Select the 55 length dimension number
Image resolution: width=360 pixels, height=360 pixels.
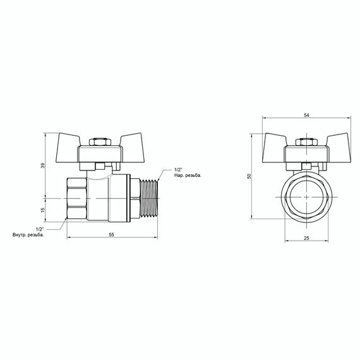pyautogui.click(x=111, y=234)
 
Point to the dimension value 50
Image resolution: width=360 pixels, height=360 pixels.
pyautogui.click(x=249, y=176)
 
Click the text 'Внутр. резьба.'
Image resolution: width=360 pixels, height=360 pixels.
pyautogui.click(x=28, y=235)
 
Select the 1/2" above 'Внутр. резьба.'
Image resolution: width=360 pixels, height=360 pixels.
pyautogui.click(x=39, y=228)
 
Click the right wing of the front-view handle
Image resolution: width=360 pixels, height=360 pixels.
pyautogui.click(x=337, y=140)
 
